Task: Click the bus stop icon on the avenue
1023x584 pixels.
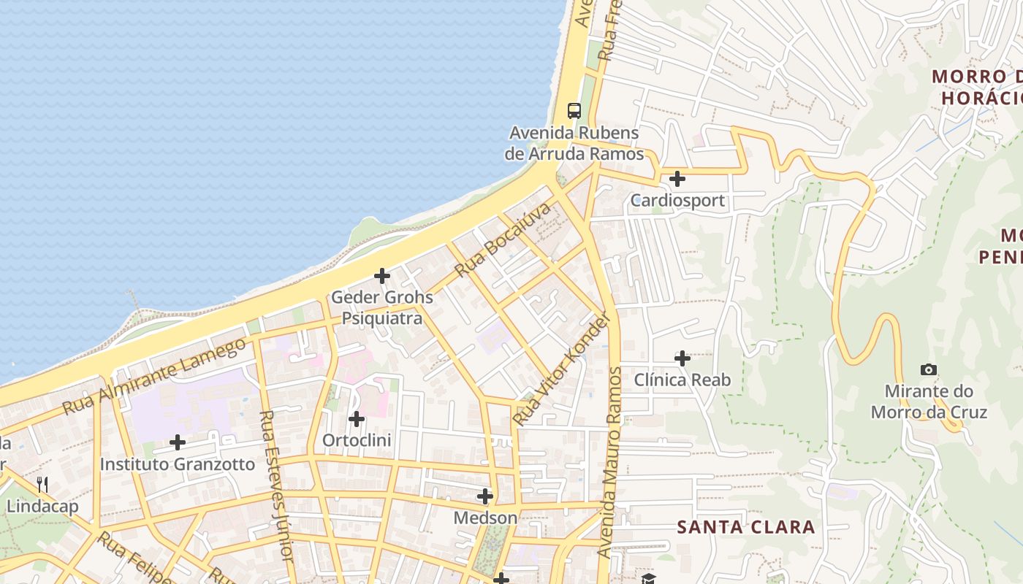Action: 574,111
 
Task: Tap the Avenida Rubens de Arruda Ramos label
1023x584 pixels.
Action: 574,144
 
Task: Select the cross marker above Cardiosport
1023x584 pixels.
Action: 677,178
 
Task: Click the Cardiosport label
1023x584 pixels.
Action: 678,200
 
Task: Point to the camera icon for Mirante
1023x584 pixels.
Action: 929,370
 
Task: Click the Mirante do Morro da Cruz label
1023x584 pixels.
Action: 929,401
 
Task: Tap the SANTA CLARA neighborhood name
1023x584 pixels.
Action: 745,527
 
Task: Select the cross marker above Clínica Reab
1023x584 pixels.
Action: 682,358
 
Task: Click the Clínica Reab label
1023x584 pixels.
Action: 682,380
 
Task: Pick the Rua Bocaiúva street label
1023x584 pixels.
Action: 502,240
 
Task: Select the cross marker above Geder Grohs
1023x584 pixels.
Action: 381,276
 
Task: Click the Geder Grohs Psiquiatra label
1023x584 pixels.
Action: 382,308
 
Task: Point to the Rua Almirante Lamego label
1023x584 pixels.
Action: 154,377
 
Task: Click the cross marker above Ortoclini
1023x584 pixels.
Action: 356,419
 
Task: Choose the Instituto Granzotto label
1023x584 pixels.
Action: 178,464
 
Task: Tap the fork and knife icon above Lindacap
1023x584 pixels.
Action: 42,484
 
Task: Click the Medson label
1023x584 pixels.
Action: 485,518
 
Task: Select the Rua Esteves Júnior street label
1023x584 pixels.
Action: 276,485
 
